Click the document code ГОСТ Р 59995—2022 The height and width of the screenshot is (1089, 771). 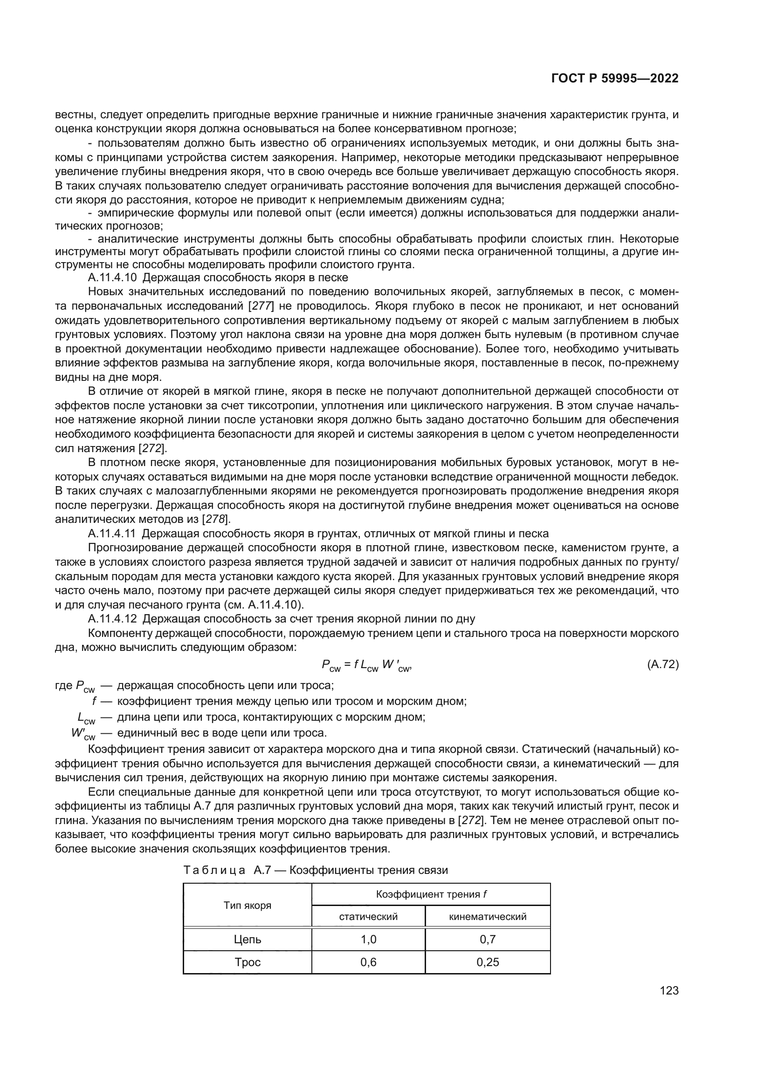[x=615, y=78]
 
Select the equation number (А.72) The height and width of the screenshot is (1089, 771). [x=663, y=664]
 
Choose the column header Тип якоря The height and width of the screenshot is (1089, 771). [x=248, y=906]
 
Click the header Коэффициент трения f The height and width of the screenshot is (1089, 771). [x=431, y=894]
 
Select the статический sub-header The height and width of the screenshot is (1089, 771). [x=368, y=917]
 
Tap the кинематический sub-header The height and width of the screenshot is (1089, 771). [x=488, y=917]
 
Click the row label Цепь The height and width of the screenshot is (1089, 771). [x=248, y=940]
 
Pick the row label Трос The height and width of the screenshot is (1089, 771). [x=248, y=962]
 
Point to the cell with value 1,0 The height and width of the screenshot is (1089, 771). [x=368, y=940]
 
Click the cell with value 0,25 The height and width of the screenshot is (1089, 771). [x=488, y=962]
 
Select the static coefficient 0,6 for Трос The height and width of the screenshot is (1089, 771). [x=368, y=962]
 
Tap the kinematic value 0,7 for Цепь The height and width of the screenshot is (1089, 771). [x=488, y=940]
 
